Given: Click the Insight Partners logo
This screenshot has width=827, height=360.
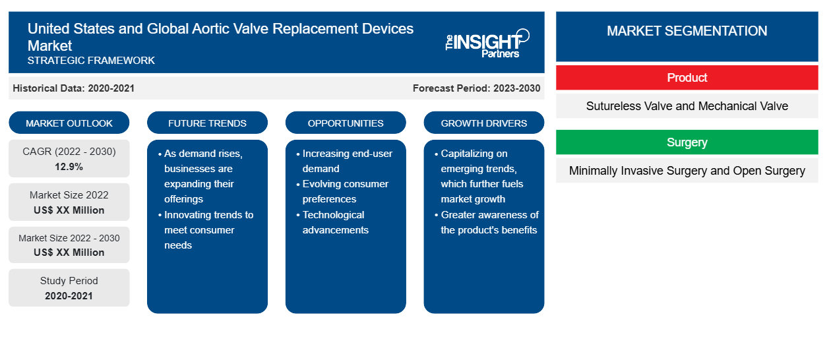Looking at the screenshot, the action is (487, 44).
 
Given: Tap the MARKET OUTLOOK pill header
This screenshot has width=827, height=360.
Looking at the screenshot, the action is (69, 123).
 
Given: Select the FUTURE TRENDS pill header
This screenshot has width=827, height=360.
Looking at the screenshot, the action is (207, 123).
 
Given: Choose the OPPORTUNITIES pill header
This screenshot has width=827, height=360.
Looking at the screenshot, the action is (346, 123).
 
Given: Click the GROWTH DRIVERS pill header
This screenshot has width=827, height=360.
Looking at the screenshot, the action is (483, 123).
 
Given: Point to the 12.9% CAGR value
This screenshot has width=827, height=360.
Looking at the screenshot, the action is (69, 167).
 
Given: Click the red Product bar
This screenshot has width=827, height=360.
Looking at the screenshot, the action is (687, 78).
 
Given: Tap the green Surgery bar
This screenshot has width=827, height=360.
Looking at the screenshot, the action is (687, 142).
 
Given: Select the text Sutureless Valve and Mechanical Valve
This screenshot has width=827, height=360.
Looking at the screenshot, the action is (687, 106).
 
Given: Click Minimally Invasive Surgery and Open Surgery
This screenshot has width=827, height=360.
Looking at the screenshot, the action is (687, 171).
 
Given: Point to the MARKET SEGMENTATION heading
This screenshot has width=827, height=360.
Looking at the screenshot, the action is (687, 31).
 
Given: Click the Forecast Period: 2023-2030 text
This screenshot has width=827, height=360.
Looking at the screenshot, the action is (476, 88).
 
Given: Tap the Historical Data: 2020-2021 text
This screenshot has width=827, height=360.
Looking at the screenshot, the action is (73, 88).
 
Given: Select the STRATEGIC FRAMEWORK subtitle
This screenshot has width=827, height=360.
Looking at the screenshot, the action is (91, 60).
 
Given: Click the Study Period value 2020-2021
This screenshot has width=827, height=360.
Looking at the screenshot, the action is (69, 296).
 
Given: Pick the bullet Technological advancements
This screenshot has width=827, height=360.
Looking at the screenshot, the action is (333, 222).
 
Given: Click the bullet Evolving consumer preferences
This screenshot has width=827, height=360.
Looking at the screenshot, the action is (343, 191).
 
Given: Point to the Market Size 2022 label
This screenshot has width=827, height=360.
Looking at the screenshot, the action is (69, 195).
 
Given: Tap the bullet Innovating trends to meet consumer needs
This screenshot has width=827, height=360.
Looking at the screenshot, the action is (206, 229).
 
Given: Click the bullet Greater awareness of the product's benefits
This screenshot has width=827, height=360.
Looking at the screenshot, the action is (487, 222).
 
